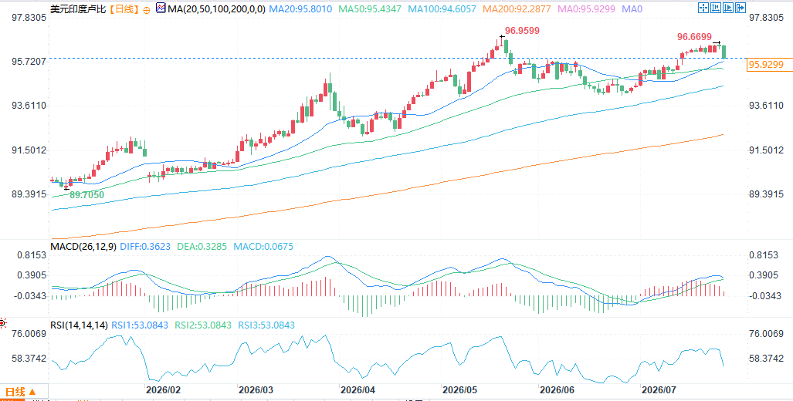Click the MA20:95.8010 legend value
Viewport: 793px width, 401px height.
tap(300, 8)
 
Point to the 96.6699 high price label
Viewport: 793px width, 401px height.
tap(694, 37)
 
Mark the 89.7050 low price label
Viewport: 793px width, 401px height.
tap(86, 195)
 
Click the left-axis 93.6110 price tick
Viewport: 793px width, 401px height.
tap(29, 106)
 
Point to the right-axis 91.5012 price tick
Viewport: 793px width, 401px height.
tap(767, 150)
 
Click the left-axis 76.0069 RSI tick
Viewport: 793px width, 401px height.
tap(29, 334)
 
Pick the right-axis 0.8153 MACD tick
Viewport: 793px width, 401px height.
tap(763, 255)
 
